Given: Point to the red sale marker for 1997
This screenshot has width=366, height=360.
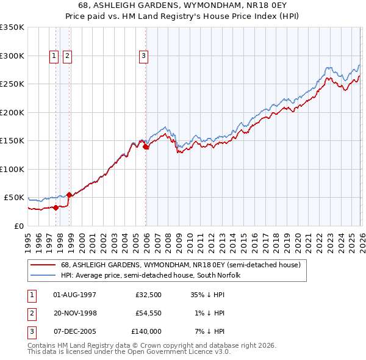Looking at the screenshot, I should [x=56, y=207].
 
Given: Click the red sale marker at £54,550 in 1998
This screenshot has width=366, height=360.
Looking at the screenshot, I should [x=70, y=195].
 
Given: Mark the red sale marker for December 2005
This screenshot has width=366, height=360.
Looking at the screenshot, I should [x=146, y=146].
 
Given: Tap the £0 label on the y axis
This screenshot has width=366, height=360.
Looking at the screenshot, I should [x=18, y=226].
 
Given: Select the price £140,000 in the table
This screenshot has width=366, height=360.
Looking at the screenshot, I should [x=146, y=331].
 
